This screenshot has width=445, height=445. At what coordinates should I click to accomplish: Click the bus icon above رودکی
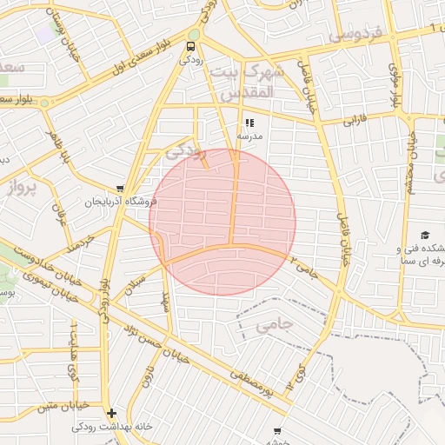coord(190,47)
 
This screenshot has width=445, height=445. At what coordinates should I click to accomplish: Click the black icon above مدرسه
coord(249,123)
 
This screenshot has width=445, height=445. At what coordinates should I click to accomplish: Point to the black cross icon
coord(110,414)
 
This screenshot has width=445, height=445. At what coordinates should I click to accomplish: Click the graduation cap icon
coord(425,236)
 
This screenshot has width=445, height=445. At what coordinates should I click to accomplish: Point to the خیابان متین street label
coord(65,405)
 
